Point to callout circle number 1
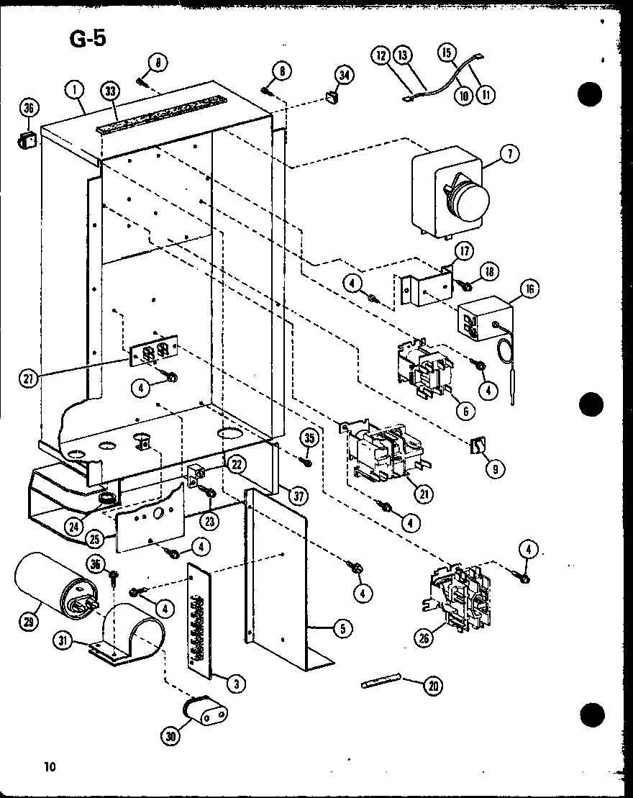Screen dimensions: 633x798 click(x=76, y=90)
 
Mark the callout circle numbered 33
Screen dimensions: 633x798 click(x=110, y=91)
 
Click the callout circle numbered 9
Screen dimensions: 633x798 click(x=494, y=468)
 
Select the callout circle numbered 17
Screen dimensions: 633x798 click(x=464, y=252)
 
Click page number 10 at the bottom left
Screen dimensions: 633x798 click(x=49, y=766)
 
